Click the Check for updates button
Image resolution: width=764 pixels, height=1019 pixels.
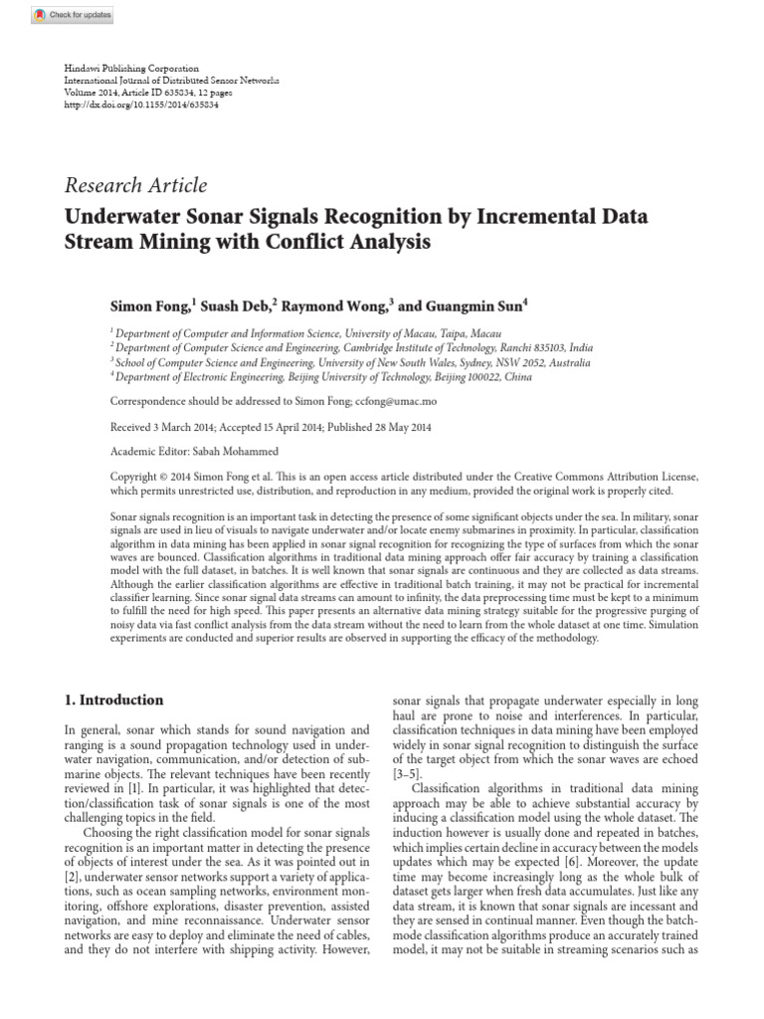(73, 15)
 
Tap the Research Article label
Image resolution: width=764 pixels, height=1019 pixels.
(135, 185)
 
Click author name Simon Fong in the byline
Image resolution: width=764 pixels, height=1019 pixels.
(146, 307)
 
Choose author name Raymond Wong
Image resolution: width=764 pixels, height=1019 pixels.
(338, 307)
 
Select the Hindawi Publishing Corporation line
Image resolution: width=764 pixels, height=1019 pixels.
(131, 68)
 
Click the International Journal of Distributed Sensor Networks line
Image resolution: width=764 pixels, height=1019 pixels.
(171, 80)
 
